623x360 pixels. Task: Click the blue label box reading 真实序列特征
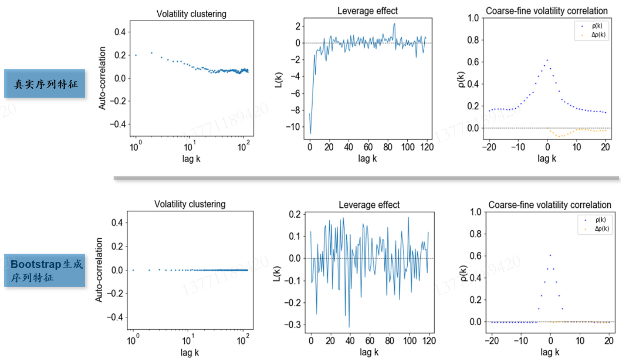pos(44,84)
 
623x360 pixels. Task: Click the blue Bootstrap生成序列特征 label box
pos(44,270)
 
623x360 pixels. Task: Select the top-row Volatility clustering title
pos(191,14)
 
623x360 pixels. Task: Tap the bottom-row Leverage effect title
pos(369,205)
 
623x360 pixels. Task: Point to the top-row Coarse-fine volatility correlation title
pos(546,11)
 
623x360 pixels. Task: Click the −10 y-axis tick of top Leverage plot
pos(293,127)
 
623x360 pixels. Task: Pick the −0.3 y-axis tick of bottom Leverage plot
pos(293,325)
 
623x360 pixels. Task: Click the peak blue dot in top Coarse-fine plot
pos(547,60)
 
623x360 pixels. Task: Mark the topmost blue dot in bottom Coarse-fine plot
pos(550,255)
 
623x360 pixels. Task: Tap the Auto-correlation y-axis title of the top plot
pos(102,78)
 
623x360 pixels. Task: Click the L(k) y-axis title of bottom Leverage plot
pos(277,273)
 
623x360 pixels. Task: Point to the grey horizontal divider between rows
pos(366,178)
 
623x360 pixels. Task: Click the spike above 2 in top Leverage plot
pos(394,24)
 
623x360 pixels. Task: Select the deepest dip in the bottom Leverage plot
pos(349,327)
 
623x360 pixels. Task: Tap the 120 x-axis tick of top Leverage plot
pos(427,147)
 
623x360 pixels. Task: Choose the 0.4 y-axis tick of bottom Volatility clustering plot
pos(117,223)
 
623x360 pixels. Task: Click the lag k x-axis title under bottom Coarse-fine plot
pos(550,352)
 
